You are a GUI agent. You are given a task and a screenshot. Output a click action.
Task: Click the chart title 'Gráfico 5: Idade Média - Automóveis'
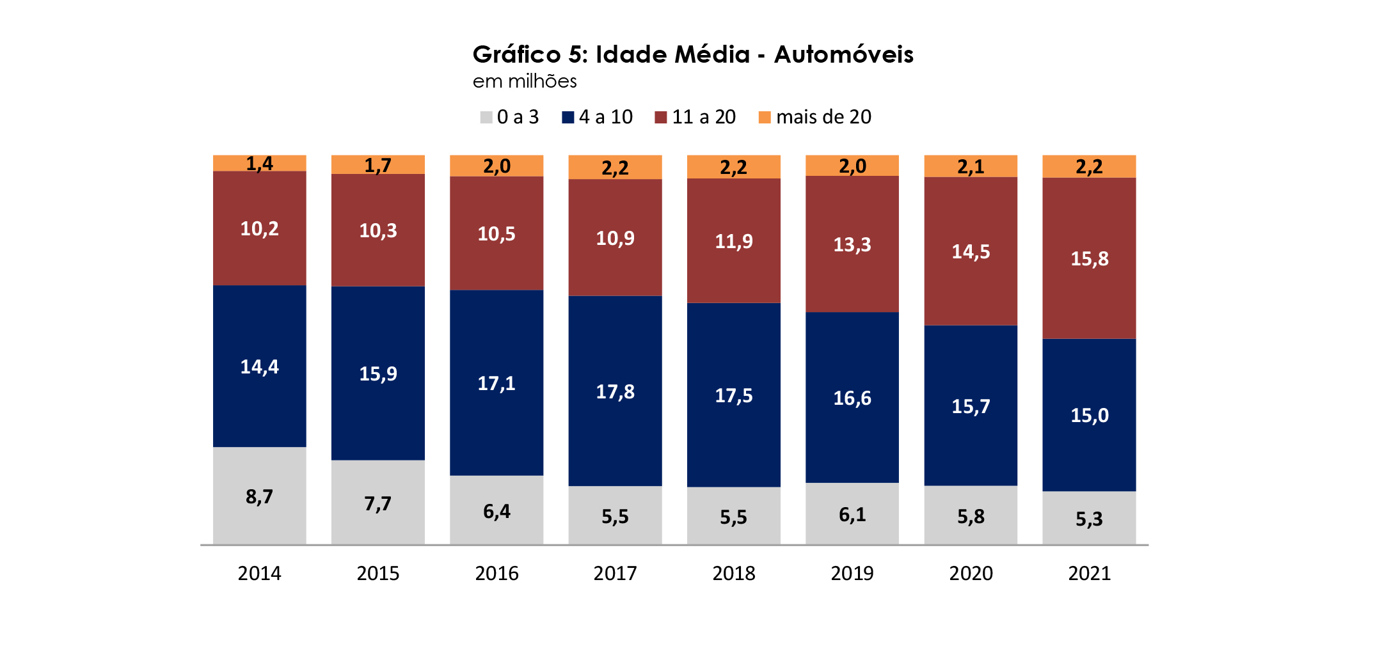pyautogui.click(x=693, y=54)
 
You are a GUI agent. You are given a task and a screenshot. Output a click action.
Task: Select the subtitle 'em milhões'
pyautogui.click(x=525, y=81)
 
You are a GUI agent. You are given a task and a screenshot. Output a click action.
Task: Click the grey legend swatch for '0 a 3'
pyautogui.click(x=486, y=117)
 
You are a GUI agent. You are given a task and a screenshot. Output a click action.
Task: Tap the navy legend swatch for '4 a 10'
pyautogui.click(x=568, y=117)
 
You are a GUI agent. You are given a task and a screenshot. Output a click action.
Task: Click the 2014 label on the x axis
pyautogui.click(x=259, y=573)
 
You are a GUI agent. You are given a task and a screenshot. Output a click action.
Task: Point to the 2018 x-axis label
pyautogui.click(x=734, y=573)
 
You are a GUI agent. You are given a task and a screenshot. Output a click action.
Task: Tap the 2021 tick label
pyautogui.click(x=1089, y=573)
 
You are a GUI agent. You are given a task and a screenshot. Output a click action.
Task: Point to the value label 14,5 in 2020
pyautogui.click(x=971, y=251)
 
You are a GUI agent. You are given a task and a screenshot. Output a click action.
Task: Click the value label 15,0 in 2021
pyautogui.click(x=1089, y=416)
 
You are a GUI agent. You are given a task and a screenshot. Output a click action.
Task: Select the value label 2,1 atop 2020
pyautogui.click(x=971, y=167)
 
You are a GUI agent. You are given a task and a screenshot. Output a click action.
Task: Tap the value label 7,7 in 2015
pyautogui.click(x=377, y=504)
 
